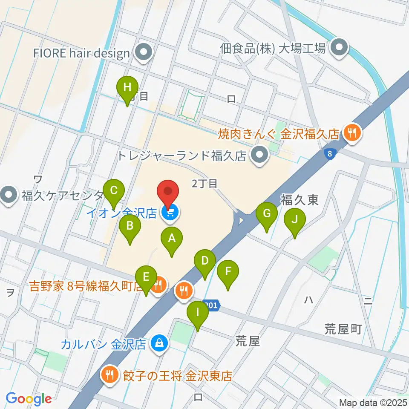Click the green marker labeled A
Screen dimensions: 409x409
pos(171,241)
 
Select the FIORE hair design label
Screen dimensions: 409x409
pos(82,53)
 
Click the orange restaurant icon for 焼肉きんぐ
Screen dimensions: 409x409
pos(352,133)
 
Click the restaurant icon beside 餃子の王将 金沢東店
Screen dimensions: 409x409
pos(110,375)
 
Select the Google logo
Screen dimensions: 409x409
pos(29,399)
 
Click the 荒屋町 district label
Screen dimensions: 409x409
pos(343,328)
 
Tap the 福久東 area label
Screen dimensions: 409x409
pos(299,200)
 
